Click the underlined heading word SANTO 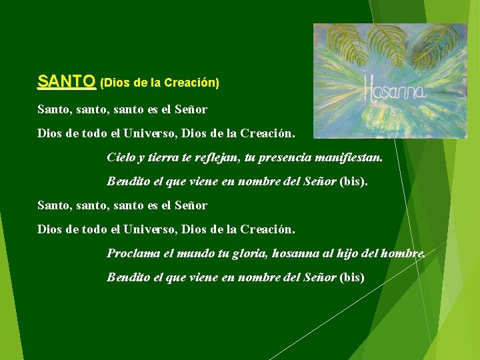66,81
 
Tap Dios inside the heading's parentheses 117,83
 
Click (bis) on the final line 352,277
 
